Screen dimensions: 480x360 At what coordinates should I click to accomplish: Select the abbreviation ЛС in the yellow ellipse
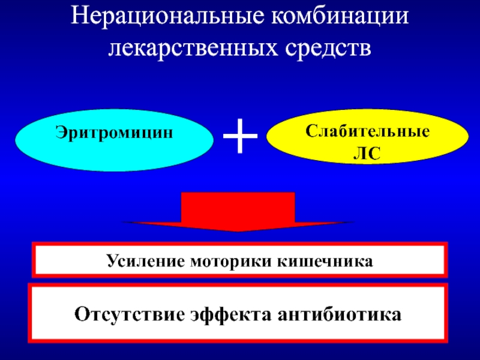coord(368,153)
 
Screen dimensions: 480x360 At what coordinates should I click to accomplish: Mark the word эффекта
coord(228,314)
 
